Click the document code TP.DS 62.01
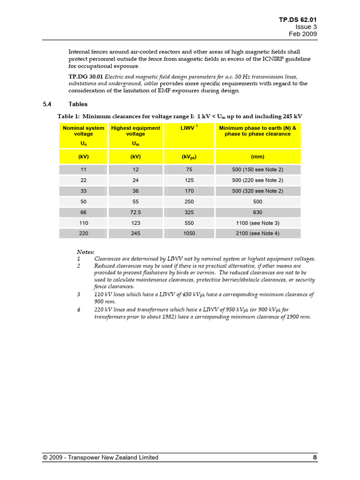pyautogui.click(x=298, y=20)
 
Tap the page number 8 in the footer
pyautogui.click(x=315, y=457)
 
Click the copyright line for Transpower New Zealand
pyautogui.click(x=100, y=457)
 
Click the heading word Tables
pyautogui.click(x=78, y=104)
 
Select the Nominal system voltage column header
pyautogui.click(x=83, y=131)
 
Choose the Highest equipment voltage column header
pyautogui.click(x=135, y=131)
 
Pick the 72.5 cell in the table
pyautogui.click(x=135, y=212)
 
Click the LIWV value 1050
pyautogui.click(x=189, y=233)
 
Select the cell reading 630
pyautogui.click(x=258, y=212)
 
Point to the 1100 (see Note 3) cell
pyautogui.click(x=258, y=223)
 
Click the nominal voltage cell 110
pyautogui.click(x=83, y=223)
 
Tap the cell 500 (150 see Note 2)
pyautogui.click(x=258, y=169)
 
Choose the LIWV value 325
pyautogui.click(x=189, y=212)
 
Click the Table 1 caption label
pyautogui.click(x=68, y=116)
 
